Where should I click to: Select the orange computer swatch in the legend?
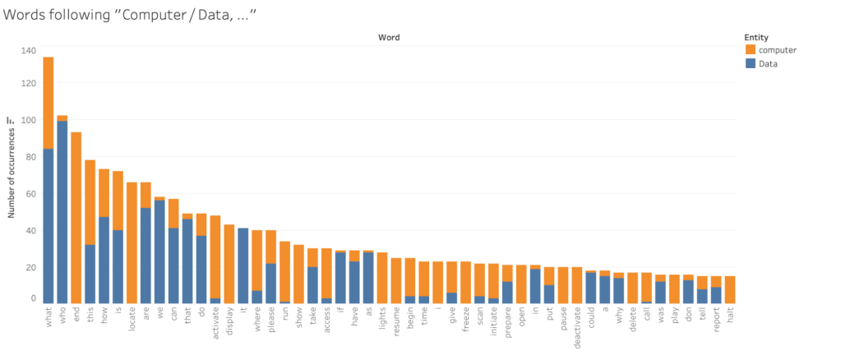click(749, 50)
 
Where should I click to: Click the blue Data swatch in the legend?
click(749, 63)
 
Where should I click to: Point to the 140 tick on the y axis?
click(29, 51)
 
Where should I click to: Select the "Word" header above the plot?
click(389, 38)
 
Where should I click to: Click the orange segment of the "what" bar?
click(49, 103)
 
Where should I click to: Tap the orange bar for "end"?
click(76, 218)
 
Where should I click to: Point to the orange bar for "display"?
click(229, 264)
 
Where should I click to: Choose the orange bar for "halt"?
click(729, 289)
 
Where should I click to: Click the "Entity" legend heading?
click(756, 37)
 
